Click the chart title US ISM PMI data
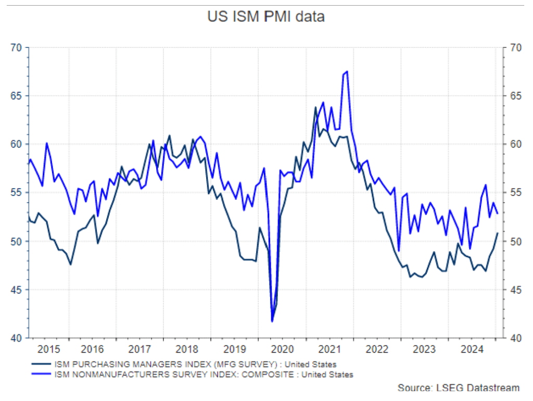coord(265,17)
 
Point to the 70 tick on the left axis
coord(18,47)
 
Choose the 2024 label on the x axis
coord(474,348)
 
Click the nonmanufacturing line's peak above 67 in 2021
coord(347,71)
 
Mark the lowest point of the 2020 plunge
coord(272,321)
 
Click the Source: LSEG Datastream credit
coord(459,388)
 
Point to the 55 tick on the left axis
coord(18,193)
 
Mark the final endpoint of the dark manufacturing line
coord(498,233)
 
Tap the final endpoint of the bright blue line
coord(498,213)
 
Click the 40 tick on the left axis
coord(18,338)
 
